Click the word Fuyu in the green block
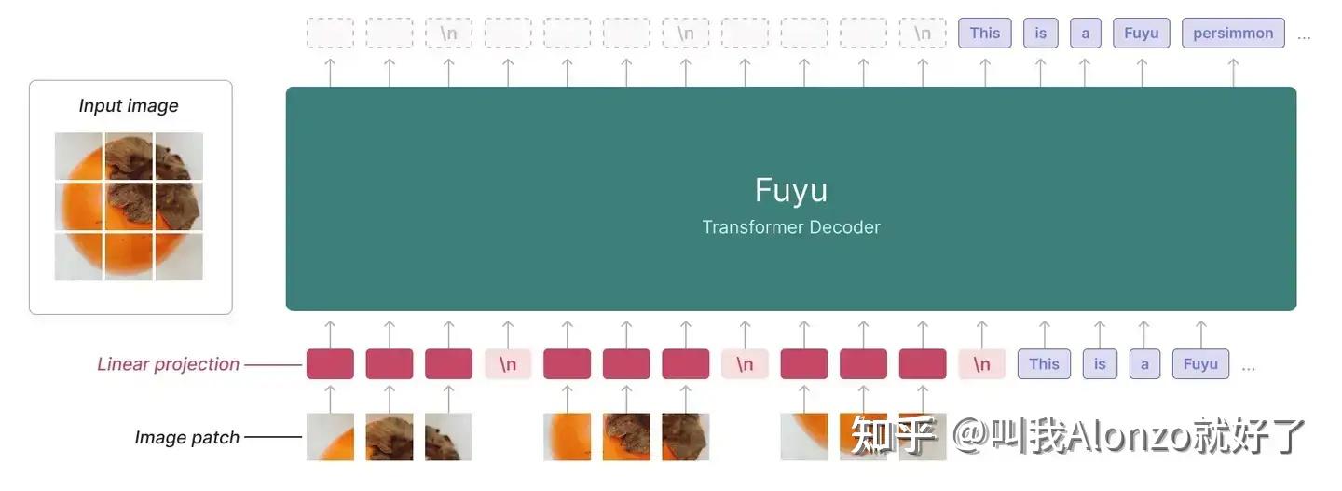[x=790, y=190]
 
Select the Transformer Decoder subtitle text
[x=790, y=227]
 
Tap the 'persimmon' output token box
[x=1233, y=34]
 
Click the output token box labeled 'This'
[x=984, y=34]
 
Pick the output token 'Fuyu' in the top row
[x=1141, y=34]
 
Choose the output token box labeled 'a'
[x=1085, y=34]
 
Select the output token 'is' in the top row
[x=1040, y=34]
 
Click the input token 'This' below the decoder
[x=1044, y=364]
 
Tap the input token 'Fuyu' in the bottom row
[x=1200, y=364]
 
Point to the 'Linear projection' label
[x=168, y=364]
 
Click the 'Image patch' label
[x=186, y=437]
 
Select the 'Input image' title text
[x=129, y=106]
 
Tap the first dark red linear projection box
[x=330, y=364]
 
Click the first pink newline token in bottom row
[x=508, y=364]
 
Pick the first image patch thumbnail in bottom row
[x=330, y=437]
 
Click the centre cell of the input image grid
[x=129, y=206]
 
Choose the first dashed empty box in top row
[x=330, y=34]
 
